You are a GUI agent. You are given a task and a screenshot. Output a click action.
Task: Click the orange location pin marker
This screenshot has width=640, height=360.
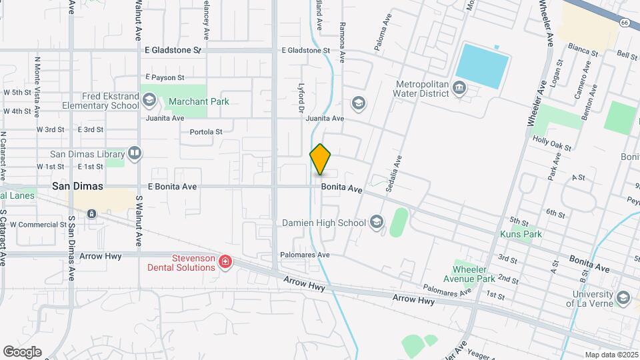point(321,159)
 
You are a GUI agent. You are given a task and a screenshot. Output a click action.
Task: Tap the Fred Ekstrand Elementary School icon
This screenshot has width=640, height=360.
point(149,101)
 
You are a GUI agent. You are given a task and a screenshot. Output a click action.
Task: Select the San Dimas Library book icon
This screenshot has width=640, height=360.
point(135,154)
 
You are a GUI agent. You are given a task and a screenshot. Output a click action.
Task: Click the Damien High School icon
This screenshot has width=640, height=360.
point(376,222)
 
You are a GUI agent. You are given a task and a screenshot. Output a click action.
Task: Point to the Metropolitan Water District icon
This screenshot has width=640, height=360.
point(459,87)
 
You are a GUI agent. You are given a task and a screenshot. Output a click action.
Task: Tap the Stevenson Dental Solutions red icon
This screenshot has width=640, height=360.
point(225,262)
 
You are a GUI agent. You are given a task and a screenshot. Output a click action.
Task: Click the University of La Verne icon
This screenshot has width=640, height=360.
point(623,297)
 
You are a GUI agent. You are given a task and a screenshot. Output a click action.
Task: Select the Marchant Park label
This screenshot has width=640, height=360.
point(199,101)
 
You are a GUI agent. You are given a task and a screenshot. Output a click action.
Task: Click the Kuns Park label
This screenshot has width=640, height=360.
point(521,235)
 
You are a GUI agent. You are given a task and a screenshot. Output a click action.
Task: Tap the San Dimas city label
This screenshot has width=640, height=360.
point(79,187)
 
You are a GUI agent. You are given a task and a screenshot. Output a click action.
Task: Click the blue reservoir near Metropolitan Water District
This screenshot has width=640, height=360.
point(483,65)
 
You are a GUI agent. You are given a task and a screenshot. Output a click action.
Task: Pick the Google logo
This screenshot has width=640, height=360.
point(22,351)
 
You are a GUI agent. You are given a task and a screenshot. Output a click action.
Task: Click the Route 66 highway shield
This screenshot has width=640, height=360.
point(623,23)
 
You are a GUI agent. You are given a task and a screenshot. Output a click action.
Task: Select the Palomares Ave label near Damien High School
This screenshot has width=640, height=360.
point(305,255)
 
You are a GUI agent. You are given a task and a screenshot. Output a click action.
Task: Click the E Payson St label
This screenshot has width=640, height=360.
point(163,77)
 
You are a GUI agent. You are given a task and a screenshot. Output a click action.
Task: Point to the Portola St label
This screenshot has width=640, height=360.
point(206,132)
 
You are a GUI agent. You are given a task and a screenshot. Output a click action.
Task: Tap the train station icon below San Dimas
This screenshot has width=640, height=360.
point(91,214)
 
